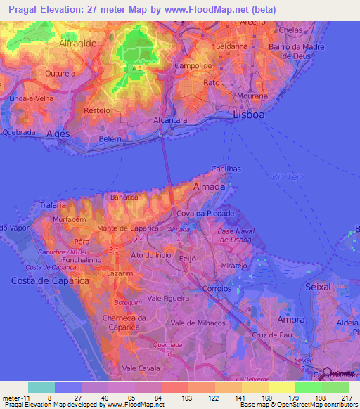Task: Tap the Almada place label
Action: tap(209, 187)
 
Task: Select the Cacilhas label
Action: tap(226, 169)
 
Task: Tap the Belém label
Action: tap(91, 140)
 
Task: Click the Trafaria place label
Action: tap(53, 205)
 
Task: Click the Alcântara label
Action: tap(171, 121)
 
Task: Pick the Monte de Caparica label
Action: tap(122, 228)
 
